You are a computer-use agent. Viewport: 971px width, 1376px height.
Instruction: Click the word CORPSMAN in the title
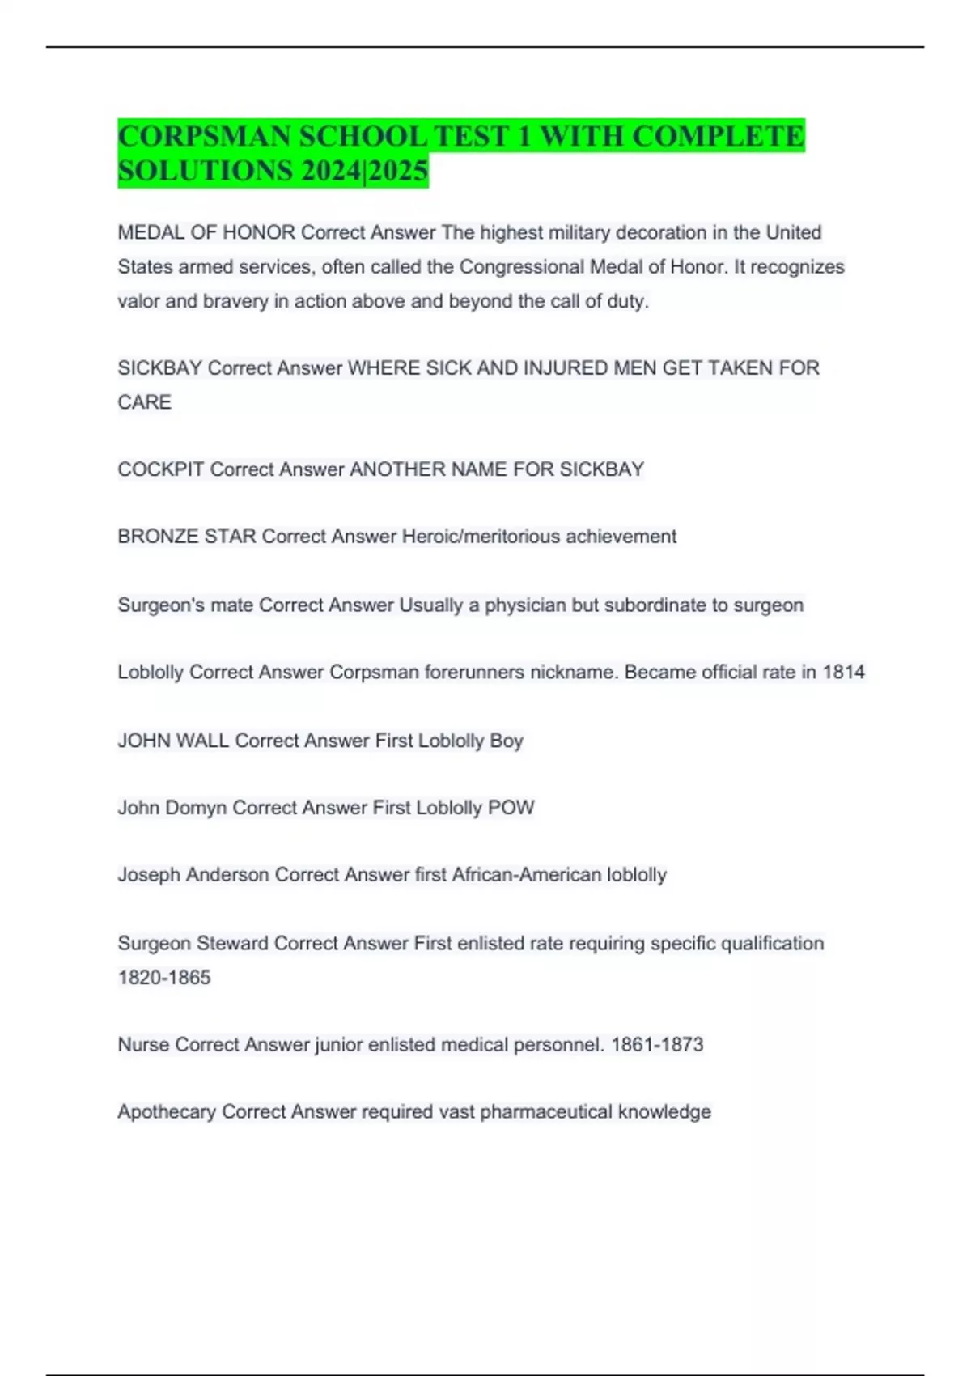(x=206, y=136)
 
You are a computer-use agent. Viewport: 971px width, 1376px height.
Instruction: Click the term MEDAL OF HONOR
(x=206, y=232)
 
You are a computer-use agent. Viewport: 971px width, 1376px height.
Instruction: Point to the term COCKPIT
(x=161, y=469)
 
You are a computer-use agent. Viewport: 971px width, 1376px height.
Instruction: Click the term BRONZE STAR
(x=187, y=537)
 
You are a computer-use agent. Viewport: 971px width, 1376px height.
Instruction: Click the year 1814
(x=843, y=673)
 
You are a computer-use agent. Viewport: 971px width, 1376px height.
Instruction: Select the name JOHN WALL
(x=173, y=741)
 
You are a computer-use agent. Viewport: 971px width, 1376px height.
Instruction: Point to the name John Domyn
(x=172, y=808)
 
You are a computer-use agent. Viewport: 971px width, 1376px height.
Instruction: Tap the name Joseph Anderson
(x=193, y=875)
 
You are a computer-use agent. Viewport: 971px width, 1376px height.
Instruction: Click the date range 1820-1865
(x=164, y=978)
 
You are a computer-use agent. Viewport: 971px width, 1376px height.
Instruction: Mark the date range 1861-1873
(x=657, y=1045)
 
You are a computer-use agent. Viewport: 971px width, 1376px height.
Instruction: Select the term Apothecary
(x=167, y=1112)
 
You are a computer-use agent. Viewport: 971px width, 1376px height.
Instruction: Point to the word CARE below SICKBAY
(x=145, y=402)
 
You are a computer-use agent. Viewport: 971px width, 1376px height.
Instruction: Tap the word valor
(x=138, y=301)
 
